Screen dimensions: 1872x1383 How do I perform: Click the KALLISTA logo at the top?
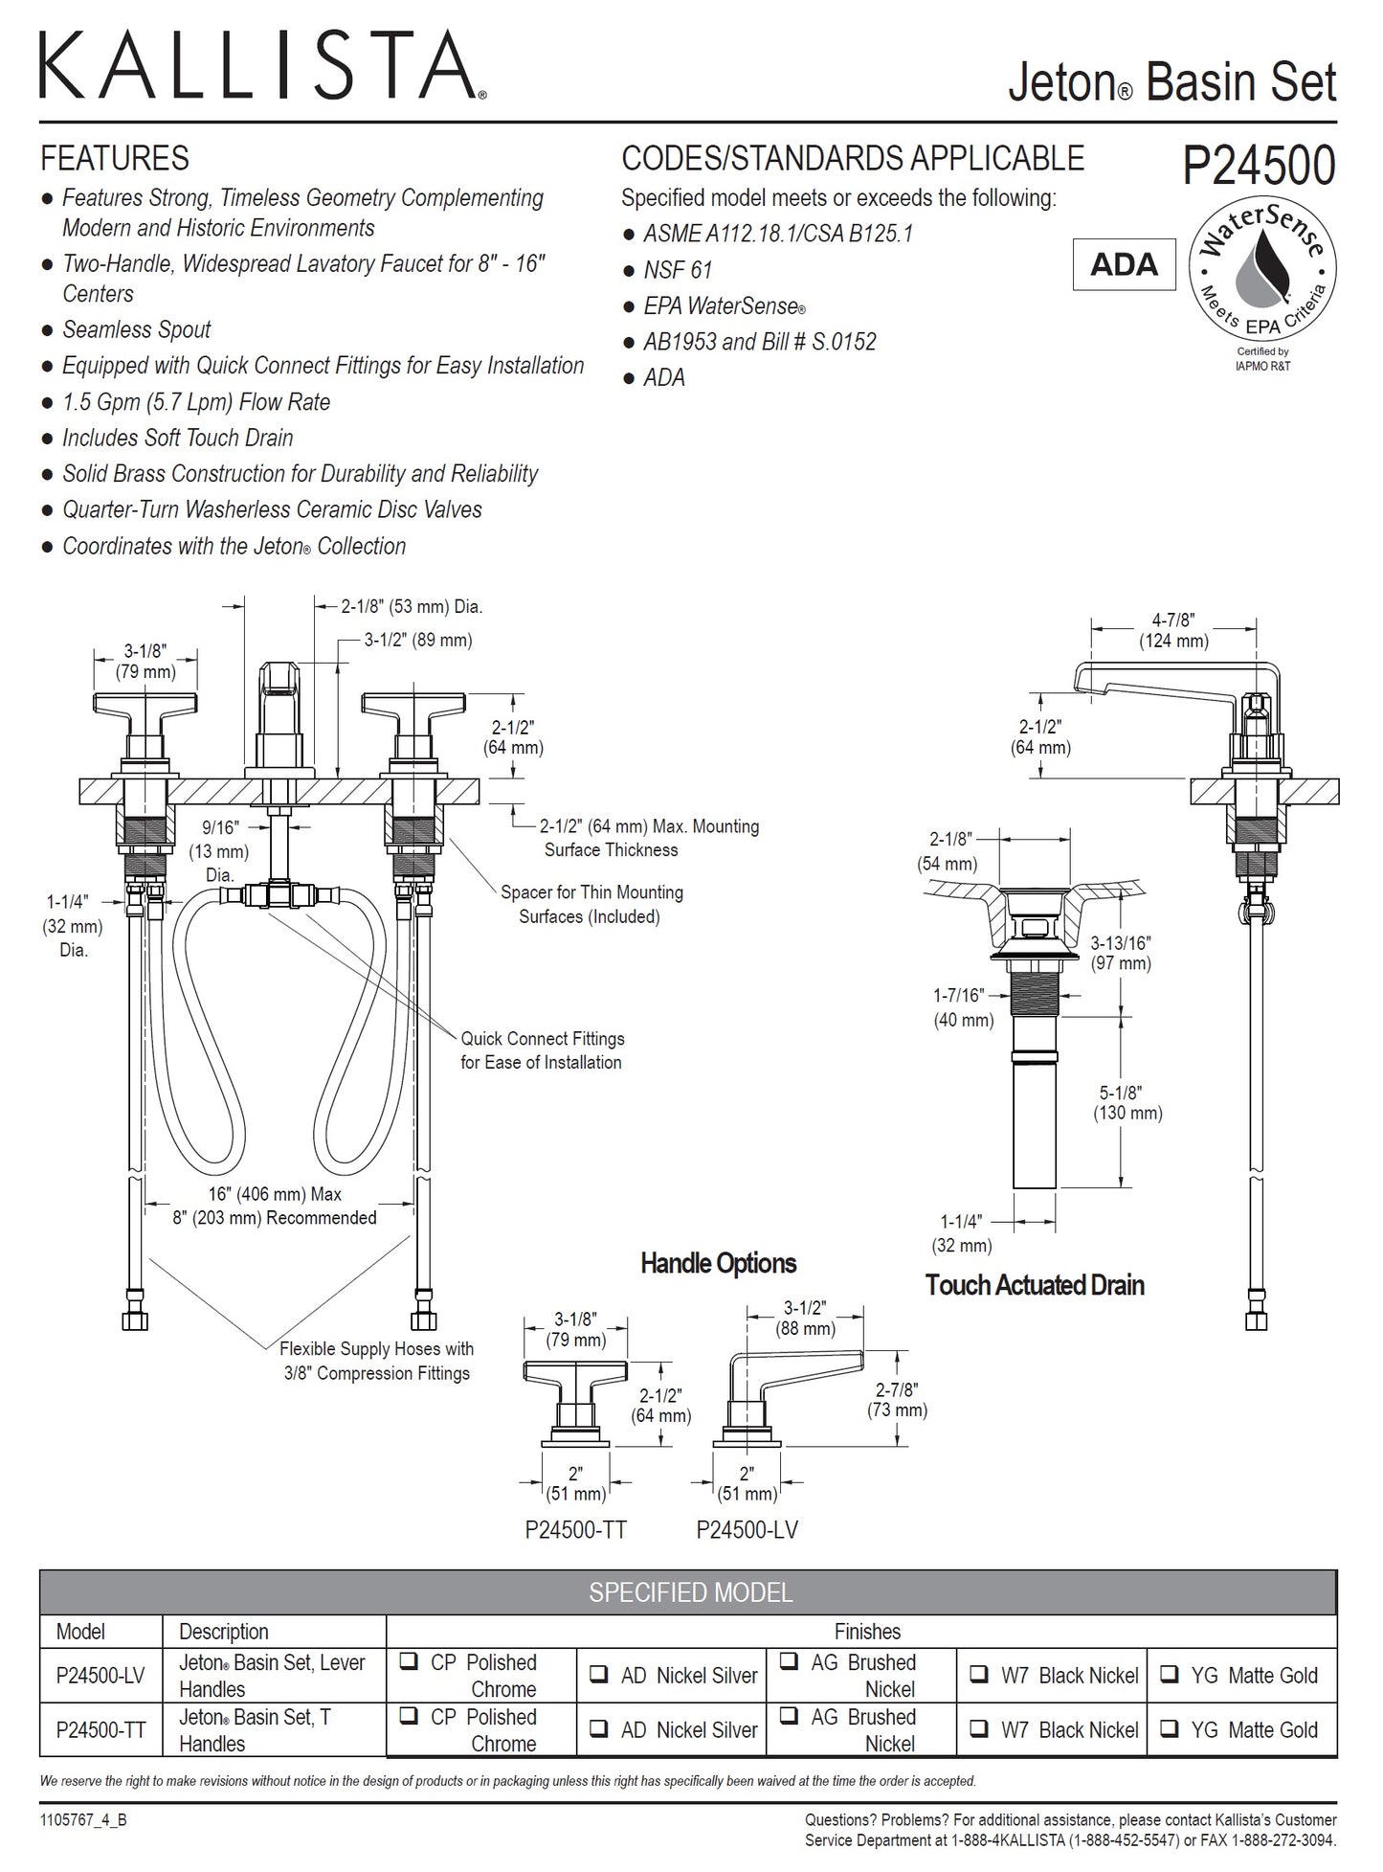click(x=261, y=65)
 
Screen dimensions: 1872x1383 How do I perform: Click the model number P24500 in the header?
click(x=1259, y=166)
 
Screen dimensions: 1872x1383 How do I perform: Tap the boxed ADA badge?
click(x=1124, y=264)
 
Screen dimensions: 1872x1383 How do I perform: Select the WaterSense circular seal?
click(x=1261, y=272)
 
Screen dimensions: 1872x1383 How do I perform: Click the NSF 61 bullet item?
click(x=677, y=270)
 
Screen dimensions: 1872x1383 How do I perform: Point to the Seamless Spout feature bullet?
click(x=136, y=330)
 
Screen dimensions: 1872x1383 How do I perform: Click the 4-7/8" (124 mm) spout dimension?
click(x=1173, y=631)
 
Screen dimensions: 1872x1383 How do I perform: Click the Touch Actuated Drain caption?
click(x=1034, y=1284)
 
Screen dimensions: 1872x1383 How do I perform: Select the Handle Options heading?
click(x=718, y=1263)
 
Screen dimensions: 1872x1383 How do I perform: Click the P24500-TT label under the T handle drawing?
click(x=575, y=1530)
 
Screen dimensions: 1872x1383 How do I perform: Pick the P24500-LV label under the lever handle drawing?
click(x=747, y=1530)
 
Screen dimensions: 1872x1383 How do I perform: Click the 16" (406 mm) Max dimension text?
click(x=275, y=1194)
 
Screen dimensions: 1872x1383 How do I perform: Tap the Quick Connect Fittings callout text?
click(x=542, y=1050)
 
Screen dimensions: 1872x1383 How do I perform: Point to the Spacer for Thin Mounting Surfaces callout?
click(x=591, y=904)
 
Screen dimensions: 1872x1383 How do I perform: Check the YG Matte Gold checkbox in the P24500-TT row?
click(x=1169, y=1729)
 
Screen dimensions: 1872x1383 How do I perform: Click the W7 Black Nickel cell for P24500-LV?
click(x=1053, y=1676)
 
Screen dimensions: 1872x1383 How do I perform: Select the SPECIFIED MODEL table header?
click(x=689, y=1592)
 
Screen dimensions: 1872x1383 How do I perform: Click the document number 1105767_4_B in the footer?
click(x=83, y=1820)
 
